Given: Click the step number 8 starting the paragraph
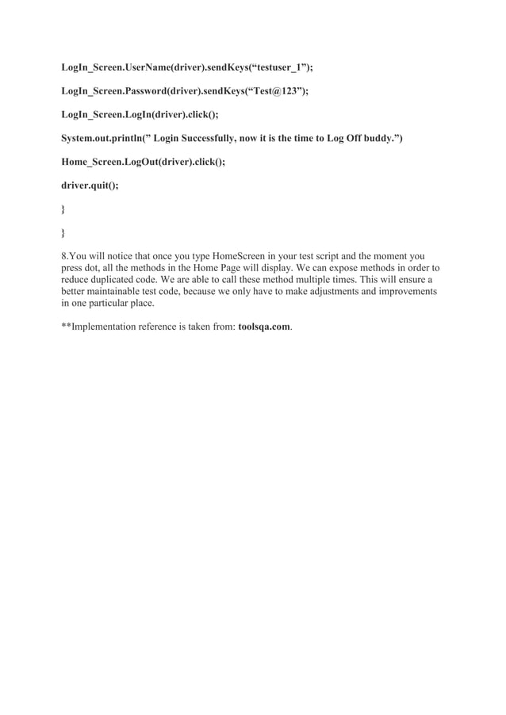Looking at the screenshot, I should [64, 256].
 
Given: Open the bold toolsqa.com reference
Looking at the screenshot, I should [264, 326].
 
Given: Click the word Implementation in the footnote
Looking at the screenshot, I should [109, 326].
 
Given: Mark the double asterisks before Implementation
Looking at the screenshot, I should [67, 326].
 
